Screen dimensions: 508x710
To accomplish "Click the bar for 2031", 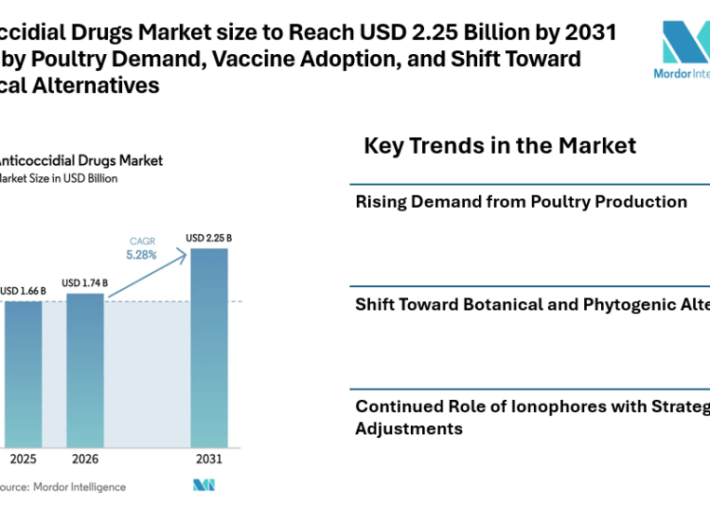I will coord(209,347).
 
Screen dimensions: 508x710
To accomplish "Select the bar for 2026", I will coord(84,370).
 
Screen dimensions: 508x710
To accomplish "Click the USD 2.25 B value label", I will coord(209,238).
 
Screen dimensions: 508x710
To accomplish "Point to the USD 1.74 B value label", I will coord(84,283).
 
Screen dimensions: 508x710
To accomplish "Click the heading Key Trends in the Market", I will coord(500,146).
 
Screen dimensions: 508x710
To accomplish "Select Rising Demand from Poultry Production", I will coord(521,201).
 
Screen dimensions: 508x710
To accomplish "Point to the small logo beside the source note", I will coord(204,485).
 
